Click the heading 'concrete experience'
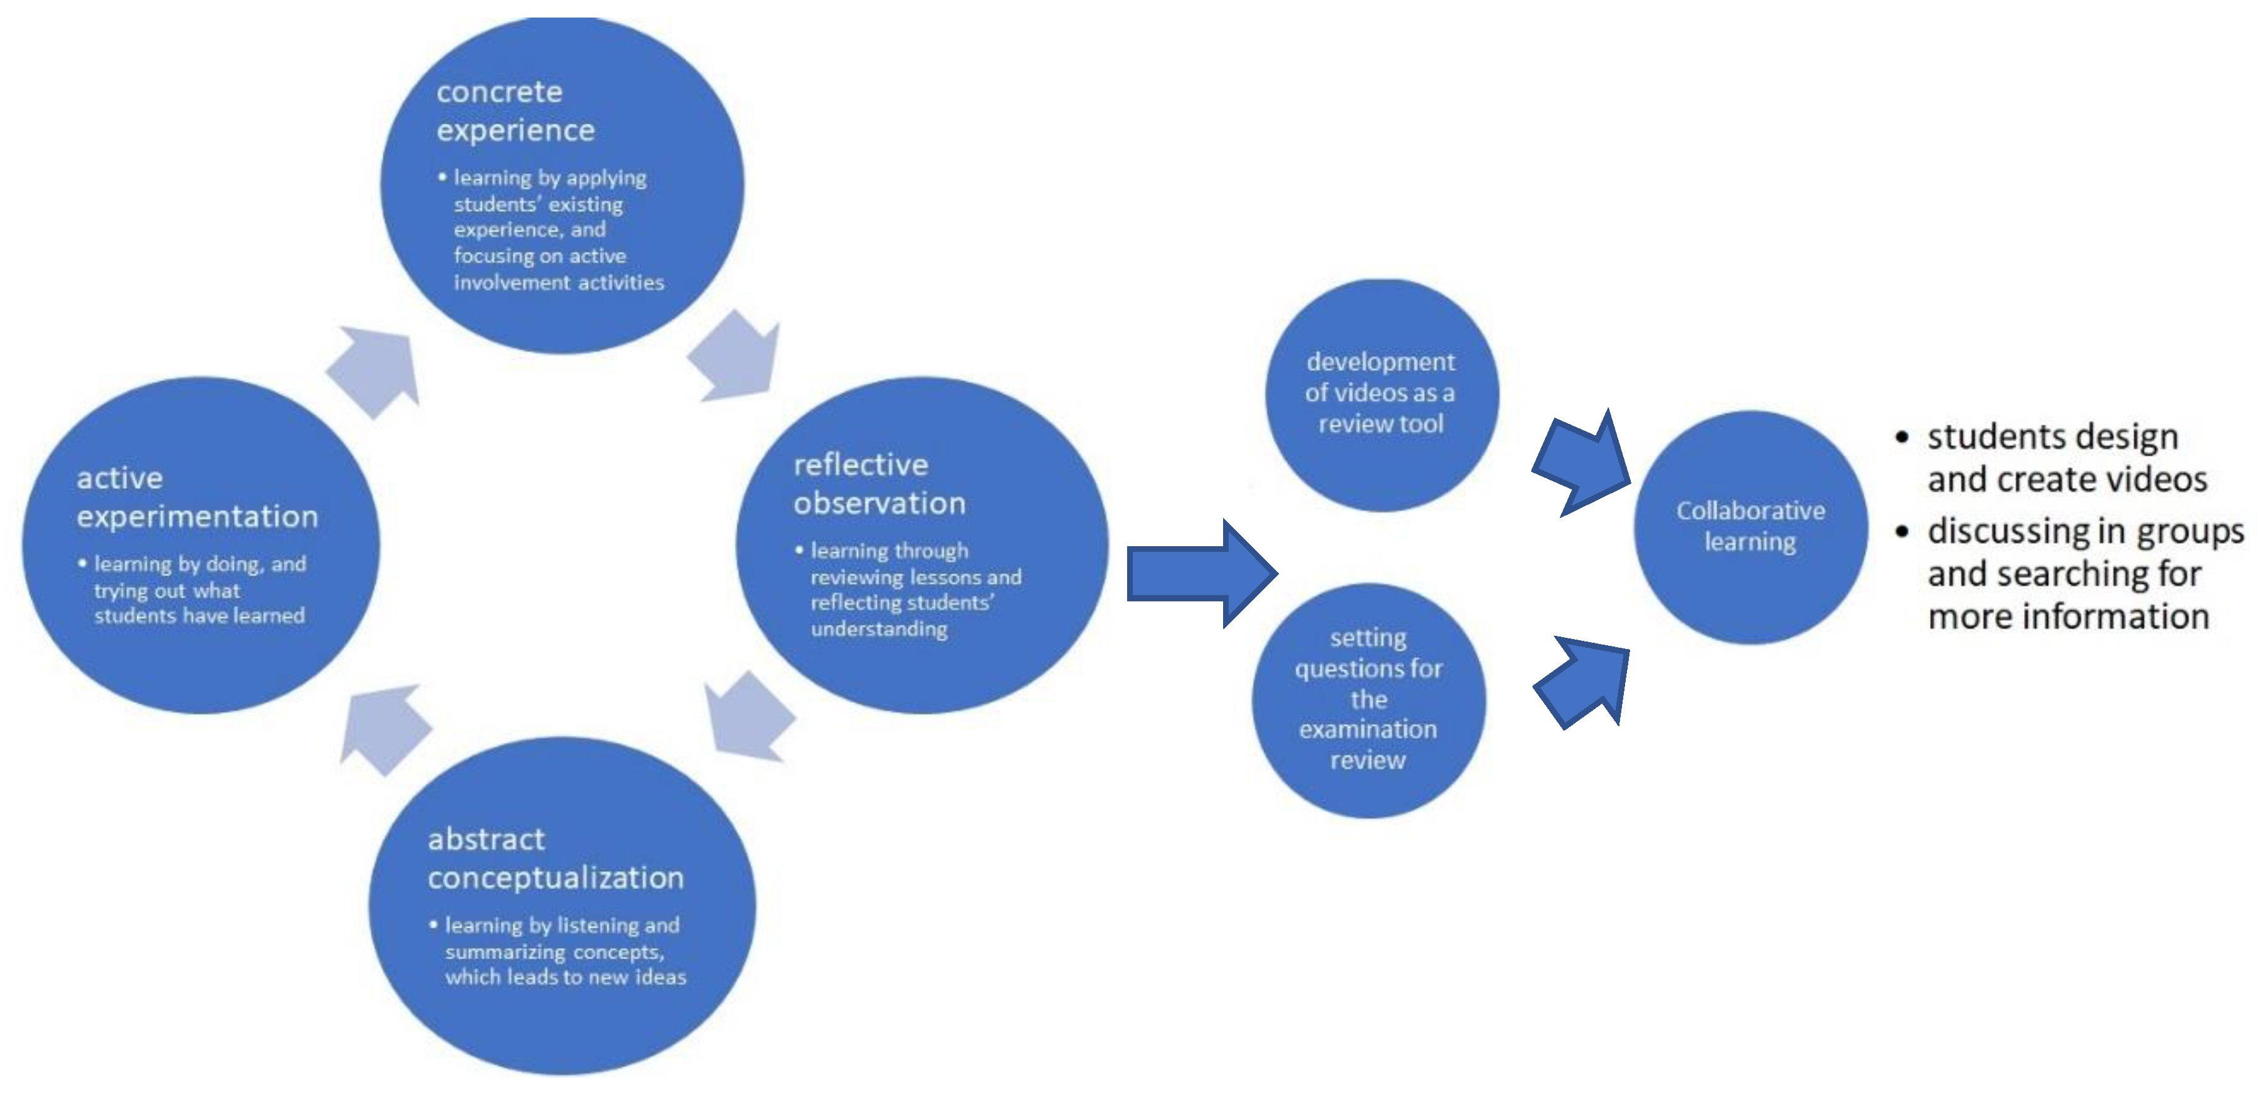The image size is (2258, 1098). (x=516, y=110)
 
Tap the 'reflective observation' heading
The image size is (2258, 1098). (x=879, y=483)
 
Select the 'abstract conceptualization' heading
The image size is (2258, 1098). (x=555, y=858)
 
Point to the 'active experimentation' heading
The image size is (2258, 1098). (x=196, y=497)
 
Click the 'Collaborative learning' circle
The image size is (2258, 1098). (x=1751, y=527)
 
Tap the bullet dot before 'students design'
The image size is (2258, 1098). (x=1901, y=436)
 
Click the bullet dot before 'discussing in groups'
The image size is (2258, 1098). (x=1901, y=531)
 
